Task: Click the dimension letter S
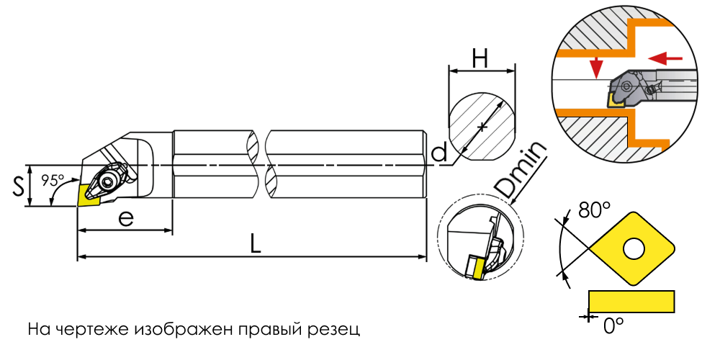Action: point(19,186)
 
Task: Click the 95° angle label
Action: point(53,180)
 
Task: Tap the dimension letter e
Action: point(126,219)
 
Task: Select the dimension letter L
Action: point(255,244)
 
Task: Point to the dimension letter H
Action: point(480,60)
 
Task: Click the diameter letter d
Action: point(440,151)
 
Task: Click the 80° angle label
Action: point(594,210)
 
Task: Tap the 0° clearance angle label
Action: point(613,326)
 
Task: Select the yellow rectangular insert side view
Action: point(631,301)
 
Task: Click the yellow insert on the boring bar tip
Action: point(89,194)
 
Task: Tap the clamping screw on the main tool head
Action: point(109,181)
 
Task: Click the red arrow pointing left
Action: point(665,58)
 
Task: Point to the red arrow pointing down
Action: point(596,68)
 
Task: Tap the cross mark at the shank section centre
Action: point(481,126)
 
